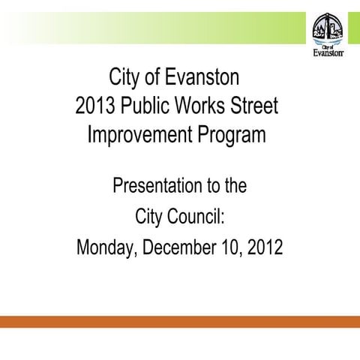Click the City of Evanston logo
point(328,34)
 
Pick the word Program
point(232,136)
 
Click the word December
point(183,247)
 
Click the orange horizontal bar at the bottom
point(180,322)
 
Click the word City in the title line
point(124,77)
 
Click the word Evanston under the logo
point(328,53)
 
